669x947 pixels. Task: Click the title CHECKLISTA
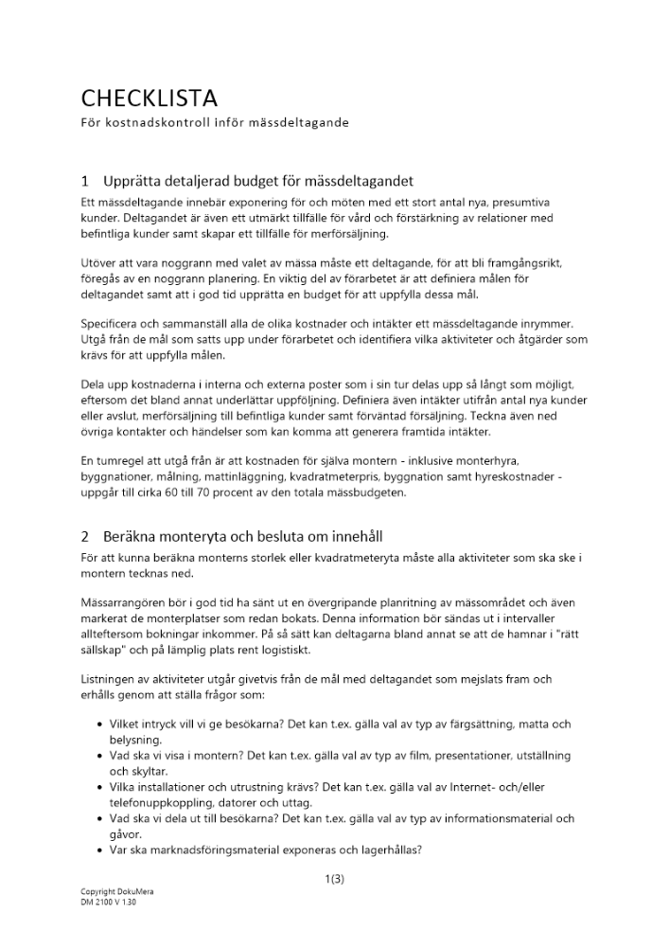(x=149, y=98)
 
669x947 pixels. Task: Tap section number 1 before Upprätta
(x=85, y=181)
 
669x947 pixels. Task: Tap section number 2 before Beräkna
(x=85, y=536)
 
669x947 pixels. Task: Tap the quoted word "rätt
(x=556, y=634)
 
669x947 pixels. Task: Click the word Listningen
(x=109, y=680)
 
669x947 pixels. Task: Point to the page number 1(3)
(x=334, y=879)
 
